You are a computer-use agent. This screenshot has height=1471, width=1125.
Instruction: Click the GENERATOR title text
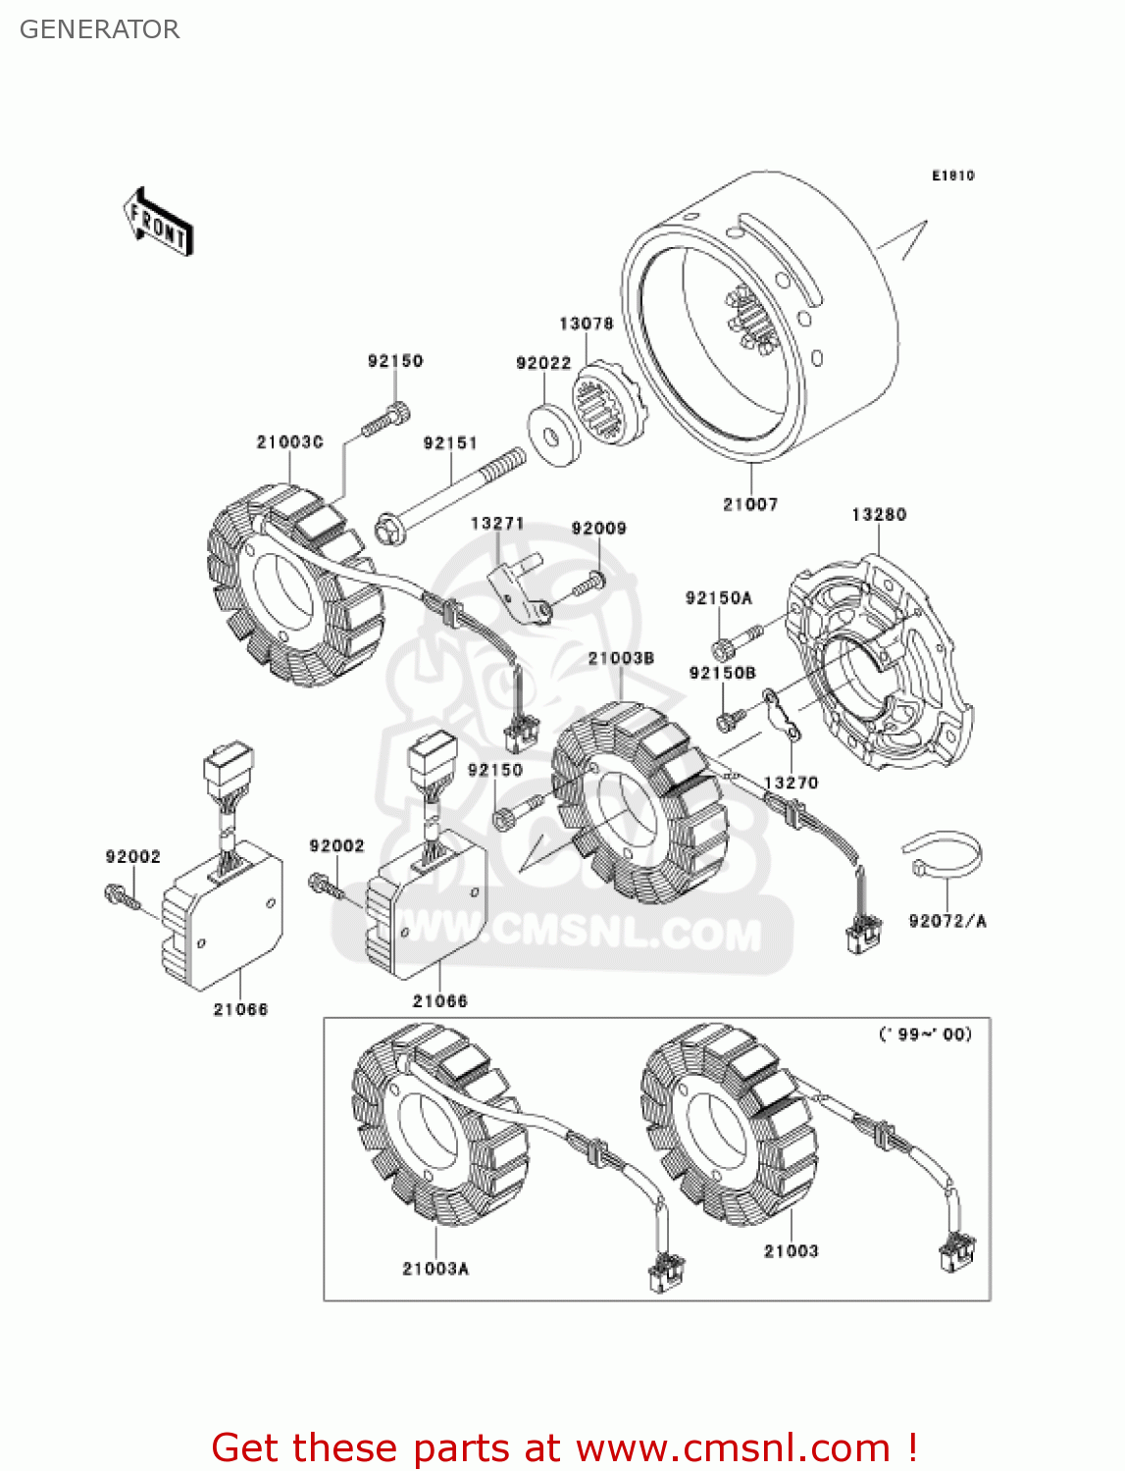pyautogui.click(x=99, y=29)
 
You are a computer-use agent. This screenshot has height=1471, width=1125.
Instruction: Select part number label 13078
pyautogui.click(x=586, y=324)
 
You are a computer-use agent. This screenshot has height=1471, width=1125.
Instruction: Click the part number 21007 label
pyautogui.click(x=750, y=504)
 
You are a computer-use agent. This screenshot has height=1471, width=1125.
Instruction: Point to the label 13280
pyautogui.click(x=879, y=515)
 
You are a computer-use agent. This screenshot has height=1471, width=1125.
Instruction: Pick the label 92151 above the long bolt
pyautogui.click(x=450, y=443)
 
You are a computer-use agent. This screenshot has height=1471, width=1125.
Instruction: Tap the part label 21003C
pyautogui.click(x=289, y=442)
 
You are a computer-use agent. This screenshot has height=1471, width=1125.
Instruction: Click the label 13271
pyautogui.click(x=497, y=524)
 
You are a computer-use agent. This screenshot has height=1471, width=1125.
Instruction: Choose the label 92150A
pyautogui.click(x=719, y=598)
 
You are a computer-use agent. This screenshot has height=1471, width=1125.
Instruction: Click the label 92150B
pyautogui.click(x=723, y=673)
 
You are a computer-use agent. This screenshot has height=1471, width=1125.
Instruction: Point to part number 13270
pyautogui.click(x=791, y=783)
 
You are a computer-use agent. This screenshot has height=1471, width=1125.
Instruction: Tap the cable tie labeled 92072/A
pyautogui.click(x=942, y=855)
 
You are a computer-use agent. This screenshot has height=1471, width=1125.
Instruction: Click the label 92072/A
pyautogui.click(x=947, y=921)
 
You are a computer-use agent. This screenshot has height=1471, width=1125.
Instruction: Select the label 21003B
pyautogui.click(x=621, y=658)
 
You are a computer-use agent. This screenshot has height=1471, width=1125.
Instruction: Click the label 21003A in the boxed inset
pyautogui.click(x=435, y=1269)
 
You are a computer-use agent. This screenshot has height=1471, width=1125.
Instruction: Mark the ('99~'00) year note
pyautogui.click(x=925, y=1034)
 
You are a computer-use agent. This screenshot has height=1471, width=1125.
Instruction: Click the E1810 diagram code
pyautogui.click(x=952, y=176)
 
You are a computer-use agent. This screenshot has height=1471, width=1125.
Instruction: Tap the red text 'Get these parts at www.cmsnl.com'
pyautogui.click(x=564, y=1447)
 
